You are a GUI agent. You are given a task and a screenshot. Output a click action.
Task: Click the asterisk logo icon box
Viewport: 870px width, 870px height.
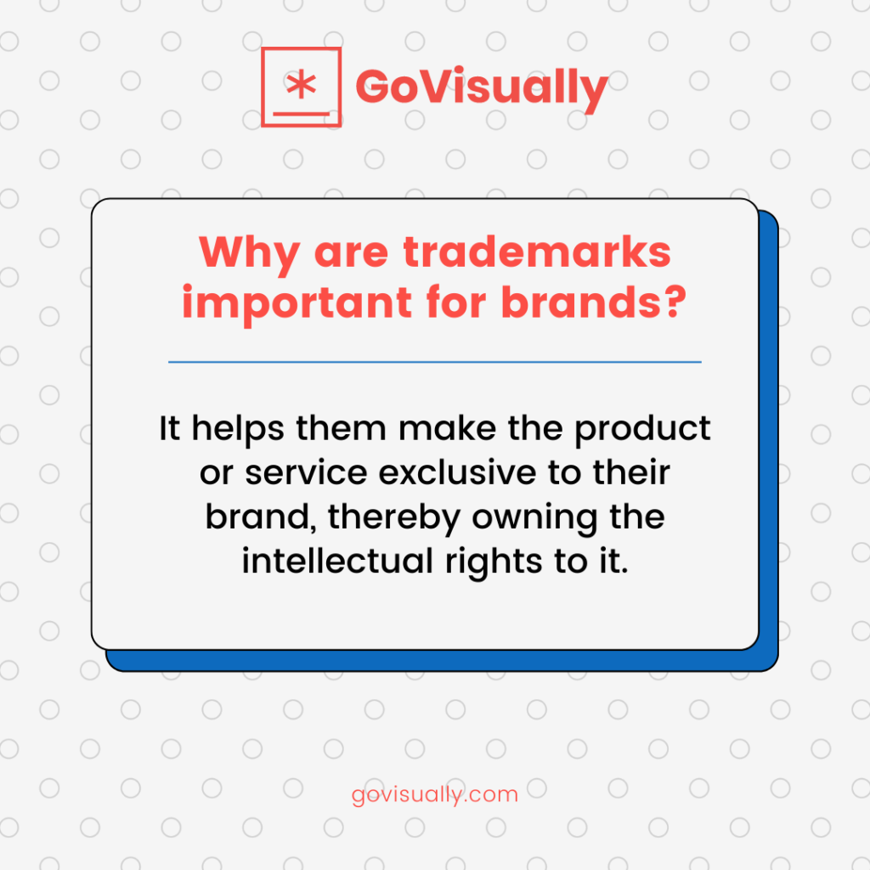[301, 87]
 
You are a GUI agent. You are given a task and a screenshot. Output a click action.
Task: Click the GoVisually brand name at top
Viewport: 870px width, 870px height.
[481, 88]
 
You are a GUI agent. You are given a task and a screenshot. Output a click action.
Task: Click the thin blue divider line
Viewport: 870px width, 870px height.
[434, 362]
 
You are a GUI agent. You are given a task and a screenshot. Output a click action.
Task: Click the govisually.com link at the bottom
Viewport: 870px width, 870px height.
[434, 796]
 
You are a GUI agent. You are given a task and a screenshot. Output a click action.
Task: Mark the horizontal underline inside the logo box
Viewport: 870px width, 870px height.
[301, 111]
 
